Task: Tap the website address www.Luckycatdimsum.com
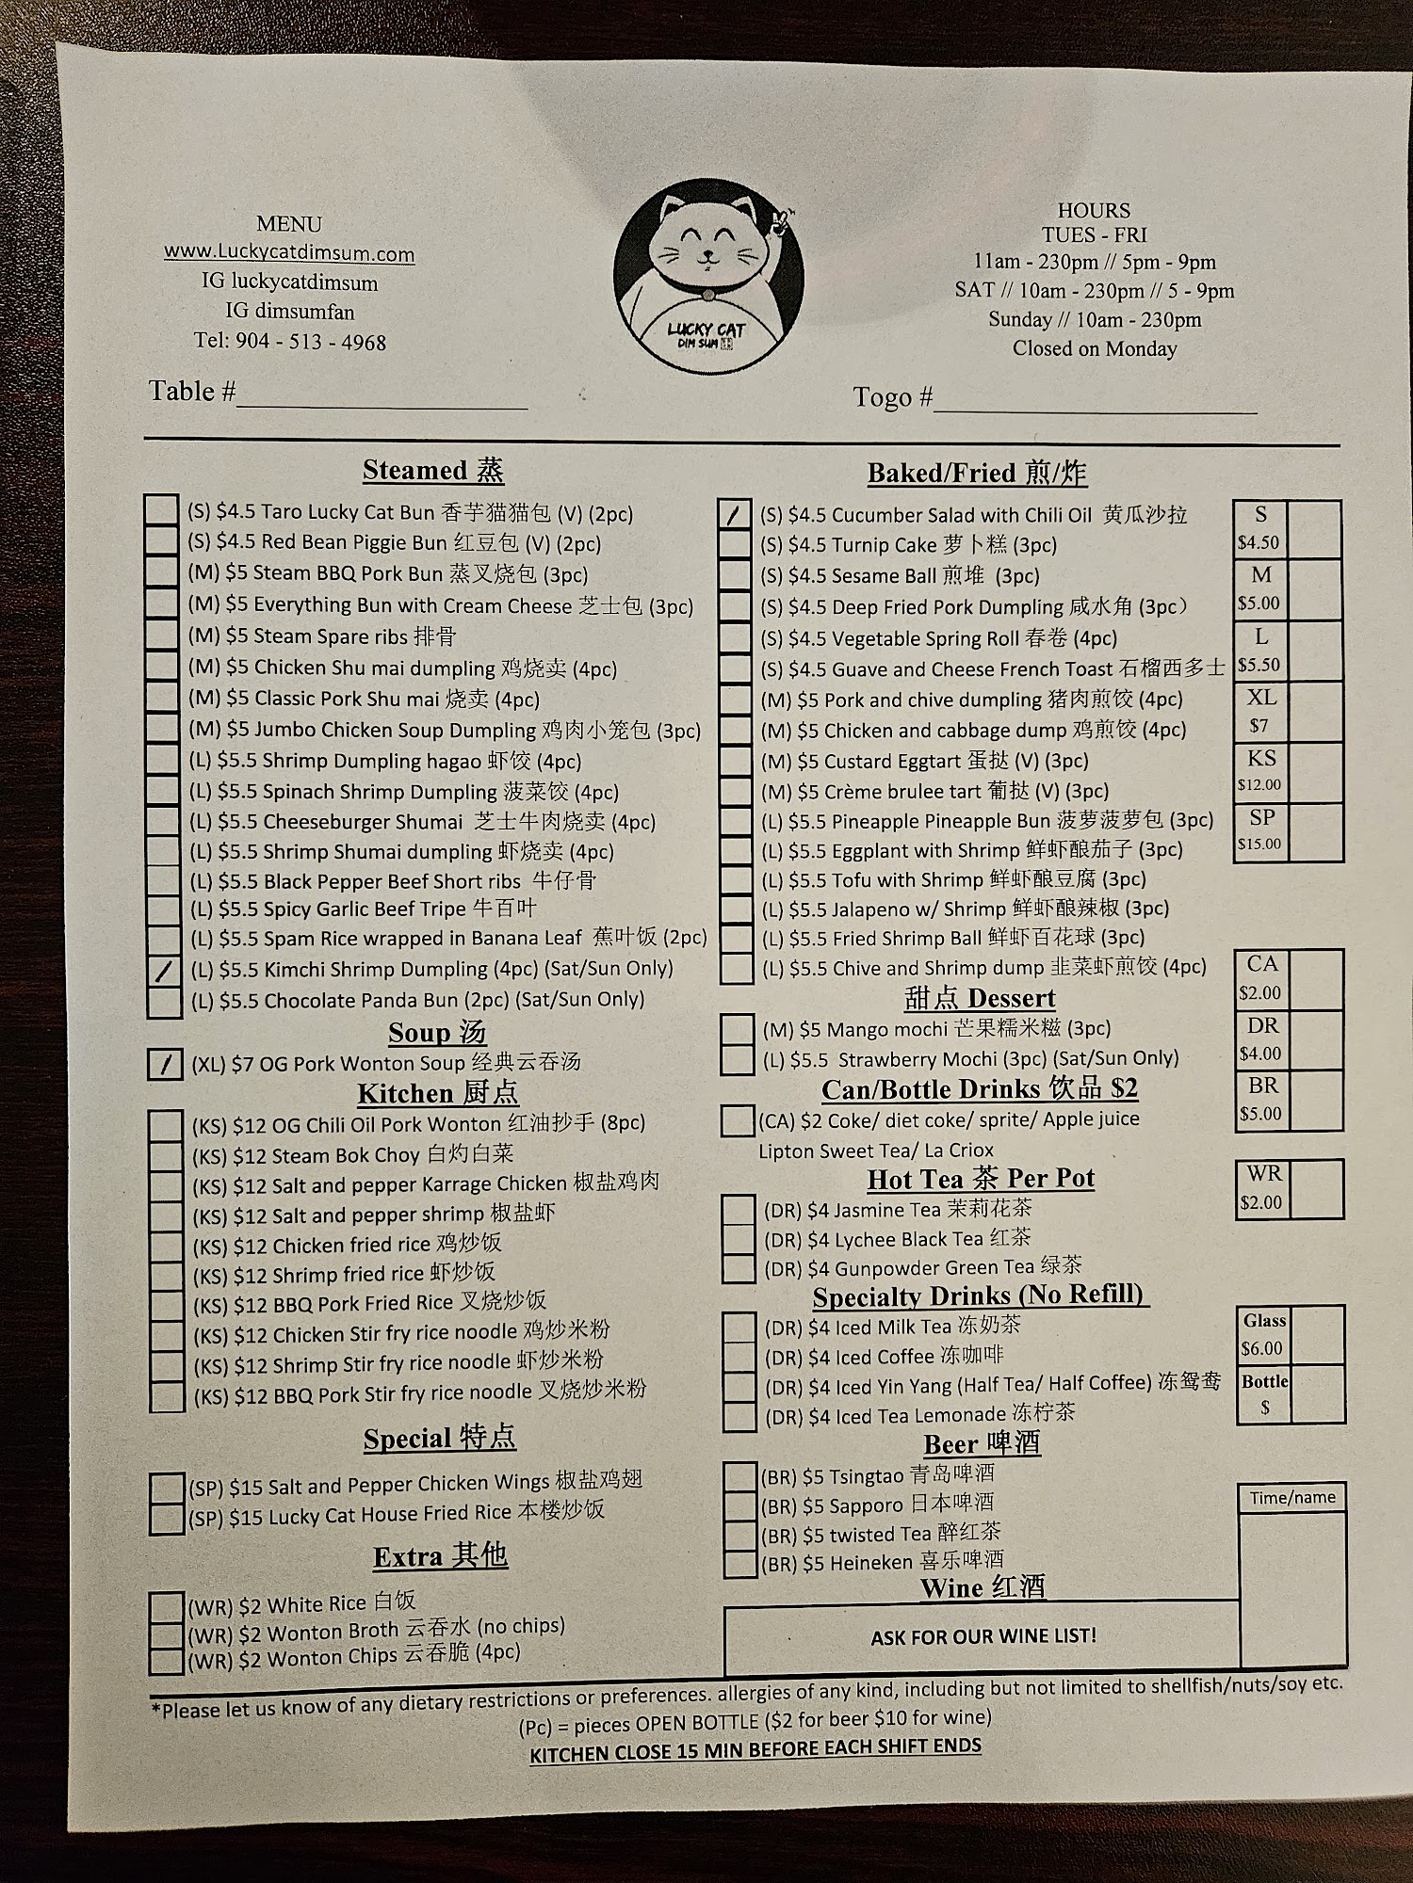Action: click(289, 252)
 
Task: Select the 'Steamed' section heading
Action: click(433, 470)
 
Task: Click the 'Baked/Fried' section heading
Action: click(977, 473)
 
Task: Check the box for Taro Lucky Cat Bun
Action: click(162, 510)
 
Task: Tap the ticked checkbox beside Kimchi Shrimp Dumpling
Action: click(165, 970)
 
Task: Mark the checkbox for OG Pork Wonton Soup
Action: click(166, 1064)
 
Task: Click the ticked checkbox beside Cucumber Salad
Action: click(735, 514)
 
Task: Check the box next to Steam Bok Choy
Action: click(167, 1155)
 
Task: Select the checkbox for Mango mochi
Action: click(738, 1029)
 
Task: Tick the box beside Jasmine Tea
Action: click(739, 1210)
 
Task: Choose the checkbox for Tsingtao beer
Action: click(740, 1475)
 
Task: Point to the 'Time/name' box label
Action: click(1291, 1497)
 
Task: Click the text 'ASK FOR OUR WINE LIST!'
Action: click(983, 1636)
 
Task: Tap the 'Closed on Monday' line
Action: click(1095, 348)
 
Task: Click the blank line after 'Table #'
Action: click(382, 395)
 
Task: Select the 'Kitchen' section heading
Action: click(438, 1093)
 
